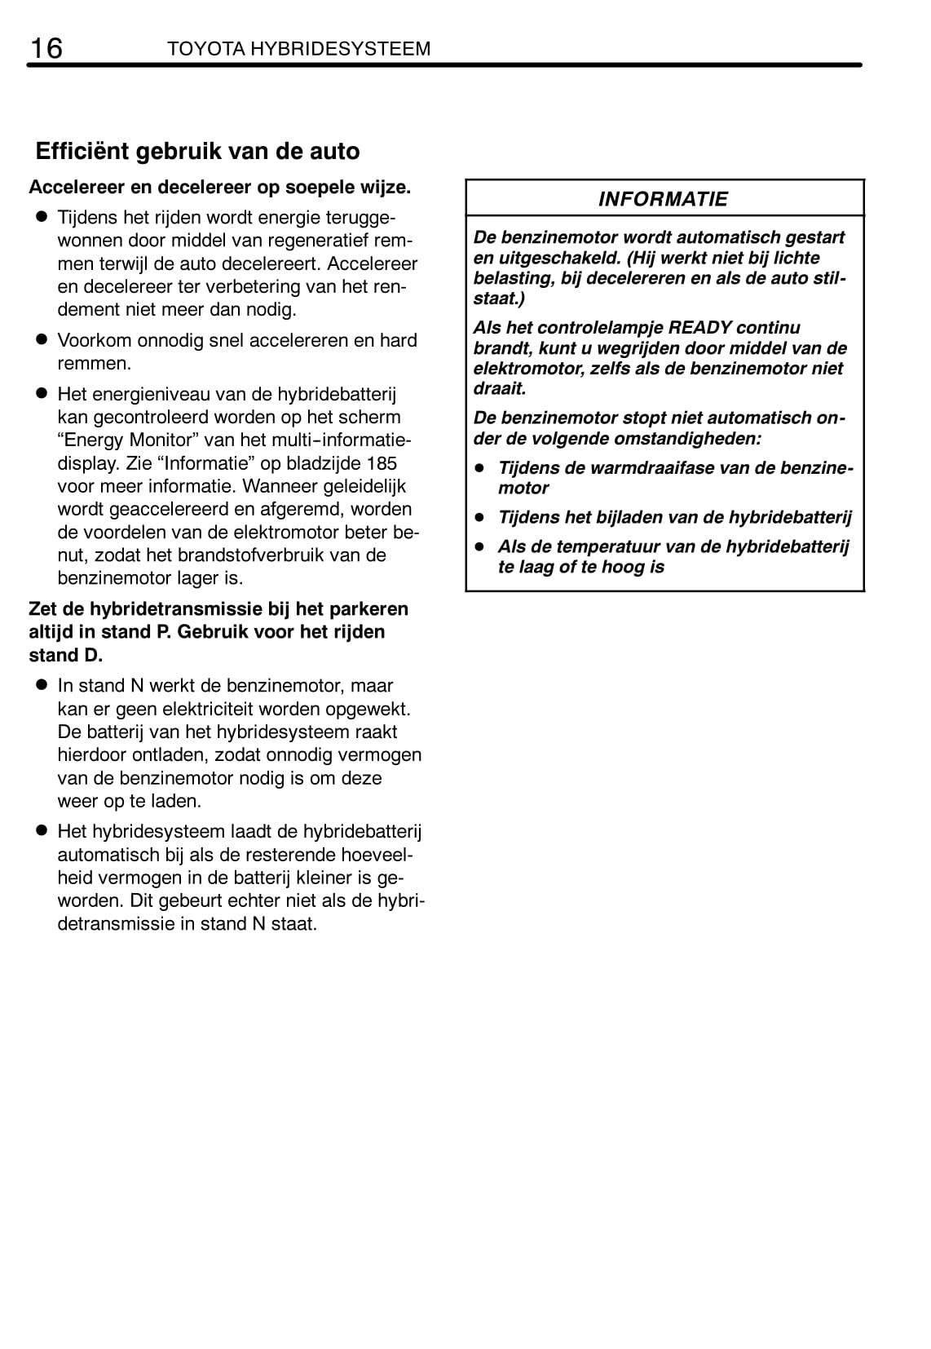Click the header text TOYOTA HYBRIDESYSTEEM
298,49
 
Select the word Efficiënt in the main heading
82,152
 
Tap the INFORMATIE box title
663,199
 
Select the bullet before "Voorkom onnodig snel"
38,340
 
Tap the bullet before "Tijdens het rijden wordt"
38,218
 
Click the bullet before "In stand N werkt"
38,686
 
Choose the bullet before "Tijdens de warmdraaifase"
481,468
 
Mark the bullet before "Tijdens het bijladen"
481,517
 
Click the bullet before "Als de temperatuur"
481,546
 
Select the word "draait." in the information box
499,389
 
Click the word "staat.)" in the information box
499,299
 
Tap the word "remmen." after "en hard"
94,364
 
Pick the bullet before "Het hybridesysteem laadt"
38,832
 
